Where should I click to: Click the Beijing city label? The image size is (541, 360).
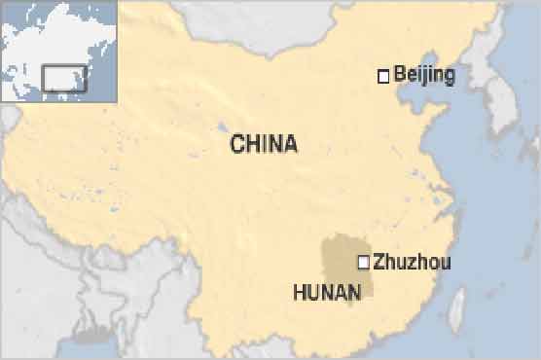[423, 75]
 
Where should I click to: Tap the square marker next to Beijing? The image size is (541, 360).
[383, 75]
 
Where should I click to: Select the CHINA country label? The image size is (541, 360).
[264, 145]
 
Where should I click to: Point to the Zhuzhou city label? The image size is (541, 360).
[412, 262]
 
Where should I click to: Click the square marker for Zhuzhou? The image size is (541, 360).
[364, 261]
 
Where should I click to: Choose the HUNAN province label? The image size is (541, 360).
[327, 290]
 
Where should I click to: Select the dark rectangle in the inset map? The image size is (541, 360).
[64, 78]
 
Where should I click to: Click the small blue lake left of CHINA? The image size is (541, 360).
[223, 127]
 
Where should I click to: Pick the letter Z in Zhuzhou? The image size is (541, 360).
[379, 262]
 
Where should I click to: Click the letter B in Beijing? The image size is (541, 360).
[400, 75]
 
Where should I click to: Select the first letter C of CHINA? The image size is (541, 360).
[236, 145]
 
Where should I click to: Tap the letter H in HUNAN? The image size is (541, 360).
[299, 290]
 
